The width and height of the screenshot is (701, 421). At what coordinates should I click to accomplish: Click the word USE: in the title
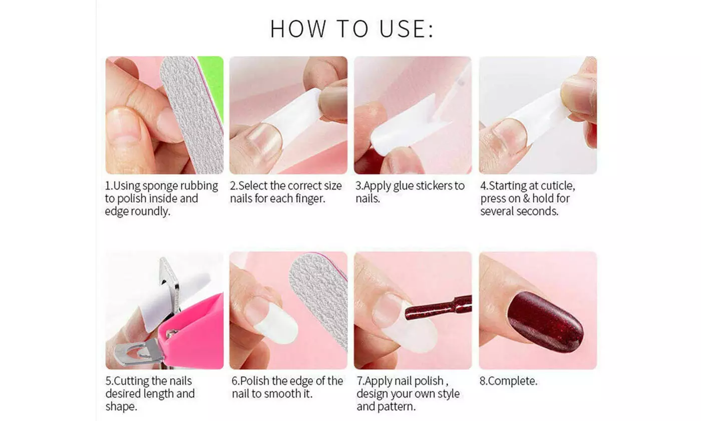pyautogui.click(x=407, y=29)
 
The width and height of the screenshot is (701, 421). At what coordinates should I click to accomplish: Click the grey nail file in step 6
pyautogui.click(x=320, y=296)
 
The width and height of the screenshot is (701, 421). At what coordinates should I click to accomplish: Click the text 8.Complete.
pyautogui.click(x=508, y=381)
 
